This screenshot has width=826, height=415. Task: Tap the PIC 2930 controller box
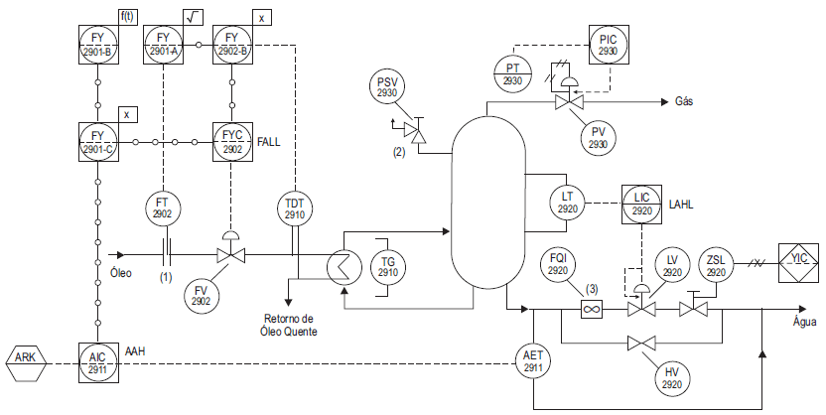(609, 45)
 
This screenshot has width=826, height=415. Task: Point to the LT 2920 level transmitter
(567, 203)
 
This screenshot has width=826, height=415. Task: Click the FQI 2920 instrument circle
(558, 265)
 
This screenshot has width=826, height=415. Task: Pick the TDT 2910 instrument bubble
(295, 209)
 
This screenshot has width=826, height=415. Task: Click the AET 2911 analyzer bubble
(534, 361)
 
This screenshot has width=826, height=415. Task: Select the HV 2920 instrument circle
(672, 377)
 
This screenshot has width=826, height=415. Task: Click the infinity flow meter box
(592, 308)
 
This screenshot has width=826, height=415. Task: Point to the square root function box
(194, 17)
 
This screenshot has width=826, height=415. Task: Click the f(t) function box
(127, 17)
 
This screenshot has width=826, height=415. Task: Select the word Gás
(684, 101)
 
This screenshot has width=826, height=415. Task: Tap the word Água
(805, 322)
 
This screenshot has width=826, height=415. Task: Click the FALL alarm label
(269, 142)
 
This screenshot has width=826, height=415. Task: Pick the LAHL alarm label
(681, 205)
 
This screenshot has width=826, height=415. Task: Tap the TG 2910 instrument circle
(388, 266)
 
